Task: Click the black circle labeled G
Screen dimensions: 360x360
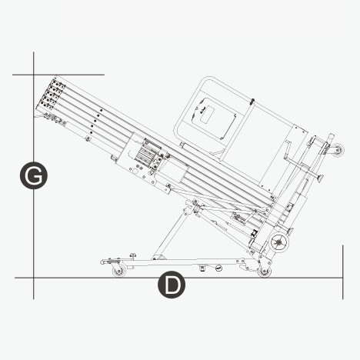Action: pyautogui.click(x=34, y=175)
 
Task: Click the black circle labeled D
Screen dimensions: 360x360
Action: pyautogui.click(x=172, y=285)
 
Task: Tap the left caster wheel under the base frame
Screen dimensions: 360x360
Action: pyautogui.click(x=119, y=271)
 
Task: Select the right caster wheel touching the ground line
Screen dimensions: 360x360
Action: pyautogui.click(x=265, y=271)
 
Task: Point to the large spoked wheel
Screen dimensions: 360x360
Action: pyautogui.click(x=280, y=242)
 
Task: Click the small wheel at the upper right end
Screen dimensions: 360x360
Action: pyautogui.click(x=337, y=150)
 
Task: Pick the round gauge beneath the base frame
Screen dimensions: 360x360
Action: pyautogui.click(x=218, y=268)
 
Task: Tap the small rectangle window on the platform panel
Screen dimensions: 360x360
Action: pyautogui.click(x=207, y=115)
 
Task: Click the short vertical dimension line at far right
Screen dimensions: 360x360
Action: pyautogui.click(x=343, y=272)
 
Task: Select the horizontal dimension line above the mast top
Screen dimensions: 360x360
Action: pyautogui.click(x=58, y=75)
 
